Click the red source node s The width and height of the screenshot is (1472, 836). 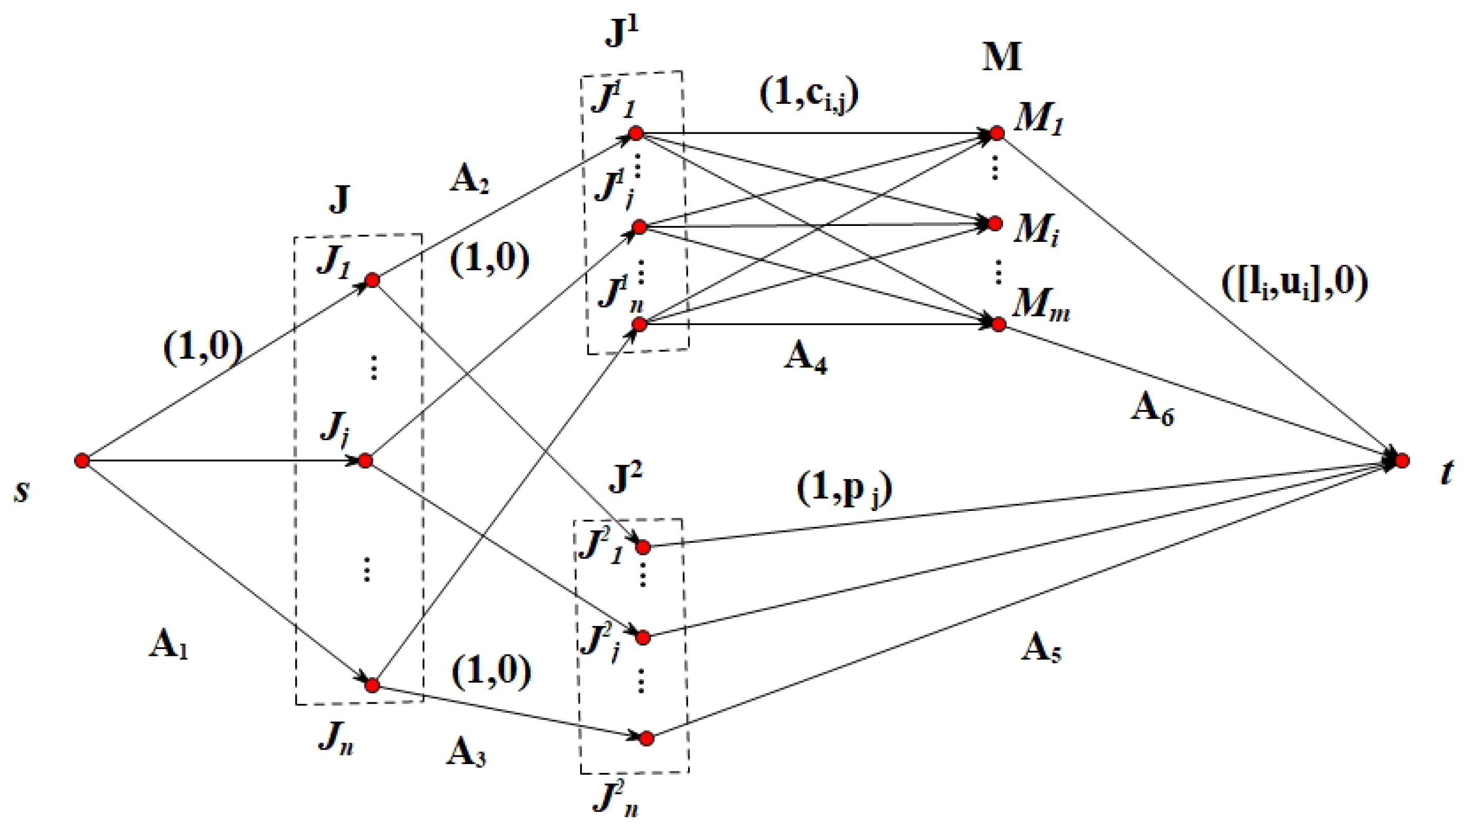tap(82, 461)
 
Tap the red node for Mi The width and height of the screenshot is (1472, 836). tap(995, 223)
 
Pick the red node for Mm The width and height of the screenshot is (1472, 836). tap(999, 325)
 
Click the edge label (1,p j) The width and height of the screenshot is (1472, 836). tap(844, 491)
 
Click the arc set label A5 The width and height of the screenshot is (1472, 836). tap(1040, 651)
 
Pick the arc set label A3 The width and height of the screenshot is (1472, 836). tap(466, 753)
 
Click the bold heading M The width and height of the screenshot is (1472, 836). tap(1002, 58)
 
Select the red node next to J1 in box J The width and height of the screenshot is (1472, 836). tap(372, 280)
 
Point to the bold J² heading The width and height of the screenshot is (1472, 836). tap(625, 480)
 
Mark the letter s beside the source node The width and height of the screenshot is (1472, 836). tap(22, 491)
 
